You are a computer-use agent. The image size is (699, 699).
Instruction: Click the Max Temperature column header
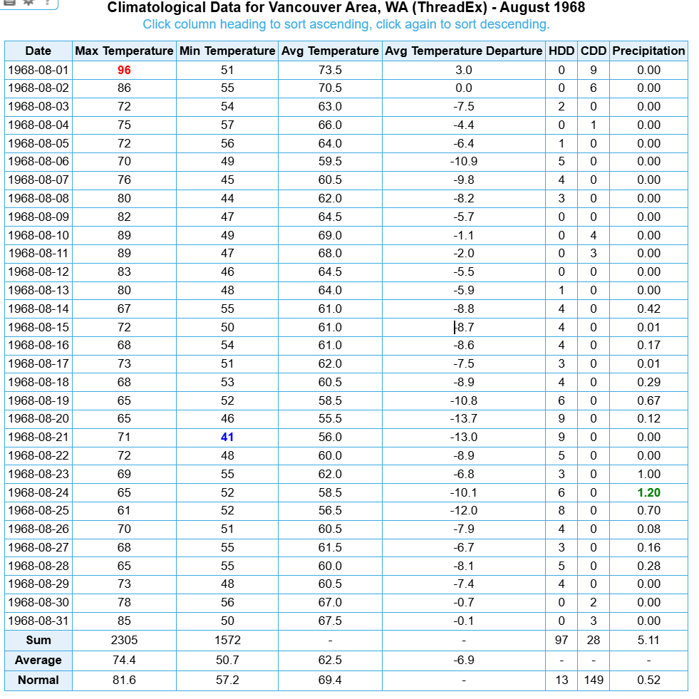[124, 51]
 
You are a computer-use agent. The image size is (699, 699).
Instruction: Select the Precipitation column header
[648, 51]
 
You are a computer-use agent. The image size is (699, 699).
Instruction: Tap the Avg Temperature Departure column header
[463, 51]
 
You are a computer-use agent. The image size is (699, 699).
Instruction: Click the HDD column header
[561, 51]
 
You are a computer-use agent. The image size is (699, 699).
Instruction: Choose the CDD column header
[594, 51]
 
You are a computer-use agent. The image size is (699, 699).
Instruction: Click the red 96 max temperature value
[124, 70]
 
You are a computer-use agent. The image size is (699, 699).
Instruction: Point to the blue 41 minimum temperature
[227, 437]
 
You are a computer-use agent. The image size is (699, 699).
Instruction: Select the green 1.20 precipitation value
[648, 492]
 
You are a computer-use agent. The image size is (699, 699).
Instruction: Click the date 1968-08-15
[38, 327]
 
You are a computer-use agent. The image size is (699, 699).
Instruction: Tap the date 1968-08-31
[38, 621]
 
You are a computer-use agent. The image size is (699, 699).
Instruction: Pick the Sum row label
[38, 641]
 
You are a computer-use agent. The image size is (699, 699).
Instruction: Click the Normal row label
[38, 680]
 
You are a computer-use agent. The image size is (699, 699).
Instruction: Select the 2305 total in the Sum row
[124, 641]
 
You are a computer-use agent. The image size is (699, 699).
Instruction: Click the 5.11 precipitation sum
[648, 641]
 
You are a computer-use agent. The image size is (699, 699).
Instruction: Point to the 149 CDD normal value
[594, 680]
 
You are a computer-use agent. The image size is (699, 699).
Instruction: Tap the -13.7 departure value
[463, 419]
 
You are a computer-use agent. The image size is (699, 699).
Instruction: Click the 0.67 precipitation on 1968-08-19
[648, 400]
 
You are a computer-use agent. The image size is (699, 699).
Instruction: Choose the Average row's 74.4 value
[124, 661]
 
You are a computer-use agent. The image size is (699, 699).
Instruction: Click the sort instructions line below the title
[346, 25]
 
